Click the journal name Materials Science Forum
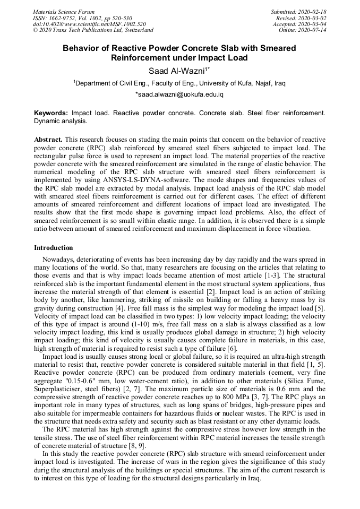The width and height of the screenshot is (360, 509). point(64,12)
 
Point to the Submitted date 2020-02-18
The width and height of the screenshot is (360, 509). point(298,12)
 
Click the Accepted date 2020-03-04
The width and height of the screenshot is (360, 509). point(299,24)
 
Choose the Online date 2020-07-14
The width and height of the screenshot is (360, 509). point(303,30)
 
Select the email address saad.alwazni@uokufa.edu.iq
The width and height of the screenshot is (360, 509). point(180,94)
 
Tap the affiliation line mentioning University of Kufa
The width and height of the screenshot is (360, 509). point(179,83)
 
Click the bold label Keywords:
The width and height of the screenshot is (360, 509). point(51,114)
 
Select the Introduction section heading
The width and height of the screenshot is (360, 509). point(54,248)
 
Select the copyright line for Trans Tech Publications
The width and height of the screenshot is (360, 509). point(93,30)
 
